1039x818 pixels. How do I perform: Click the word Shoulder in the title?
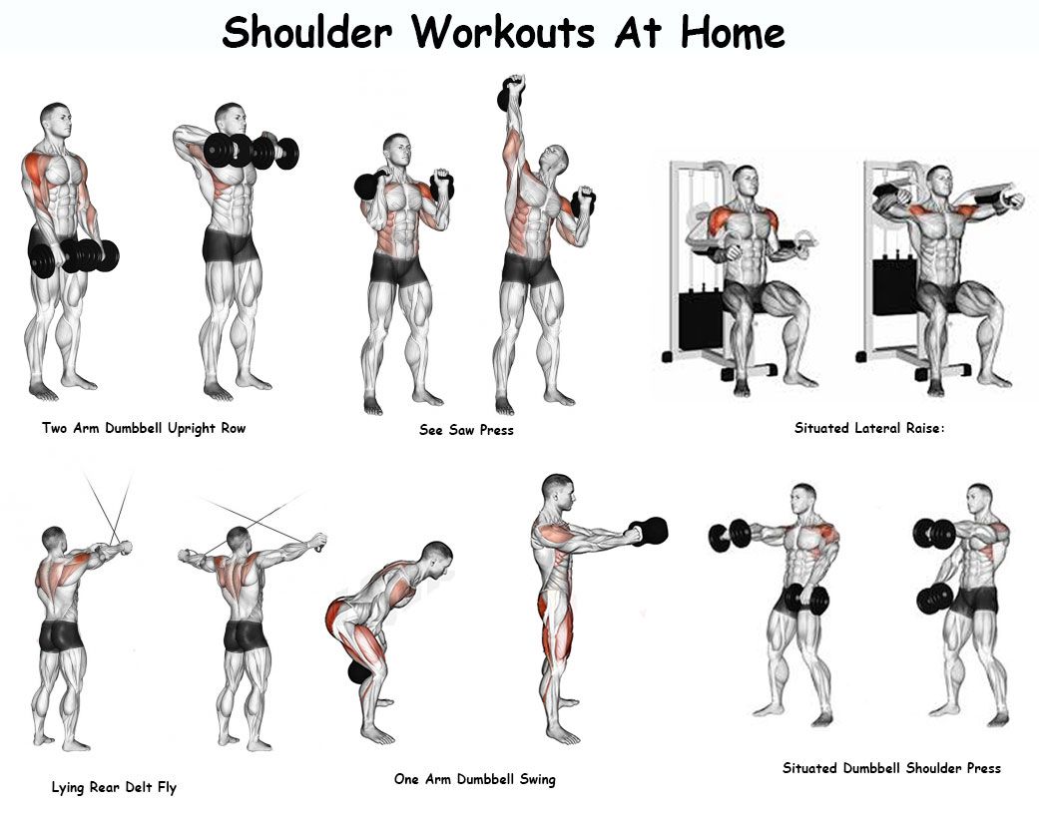[306, 32]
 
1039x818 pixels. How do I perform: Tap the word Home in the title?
[733, 32]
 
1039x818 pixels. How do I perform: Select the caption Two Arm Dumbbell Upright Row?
[144, 428]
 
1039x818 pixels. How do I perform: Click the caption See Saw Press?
[466, 430]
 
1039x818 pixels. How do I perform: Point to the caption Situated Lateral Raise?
[869, 428]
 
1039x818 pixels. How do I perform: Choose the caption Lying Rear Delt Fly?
[114, 787]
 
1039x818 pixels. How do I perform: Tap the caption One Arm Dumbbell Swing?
[474, 779]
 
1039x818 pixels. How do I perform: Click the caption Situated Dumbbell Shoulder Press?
[892, 768]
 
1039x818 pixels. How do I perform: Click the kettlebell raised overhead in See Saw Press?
[510, 92]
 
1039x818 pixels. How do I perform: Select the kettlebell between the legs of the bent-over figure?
[359, 671]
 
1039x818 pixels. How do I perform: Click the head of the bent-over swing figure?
[437, 558]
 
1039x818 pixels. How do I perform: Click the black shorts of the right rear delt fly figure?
[247, 635]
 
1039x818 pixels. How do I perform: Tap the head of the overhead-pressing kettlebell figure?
[554, 161]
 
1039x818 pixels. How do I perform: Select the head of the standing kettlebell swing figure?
[558, 492]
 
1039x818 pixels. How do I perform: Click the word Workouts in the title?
[504, 32]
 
